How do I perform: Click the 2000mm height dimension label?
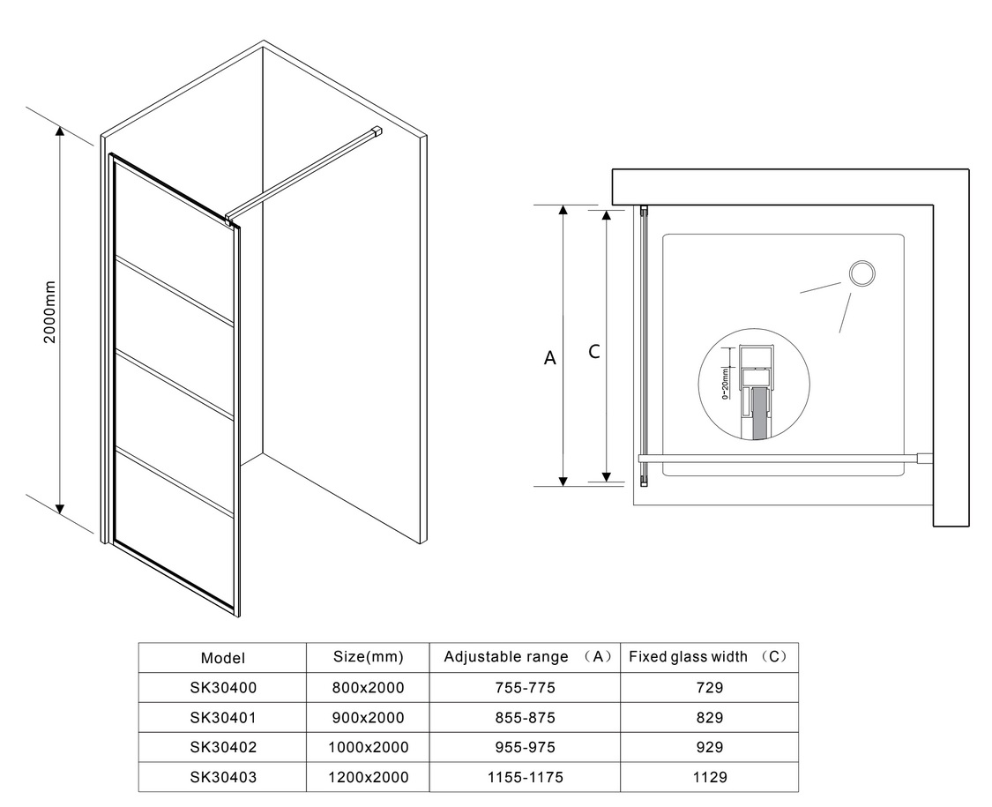(x=49, y=312)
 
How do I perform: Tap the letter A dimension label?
(x=549, y=358)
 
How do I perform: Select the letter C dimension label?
(x=593, y=351)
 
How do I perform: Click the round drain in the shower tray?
(x=861, y=274)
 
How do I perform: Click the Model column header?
(x=223, y=658)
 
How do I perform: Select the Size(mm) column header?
(x=369, y=656)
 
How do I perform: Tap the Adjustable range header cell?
(x=526, y=656)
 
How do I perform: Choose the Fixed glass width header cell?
(x=709, y=656)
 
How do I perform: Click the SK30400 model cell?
(x=223, y=687)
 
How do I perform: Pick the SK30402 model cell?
(x=223, y=747)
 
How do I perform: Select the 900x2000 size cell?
(x=369, y=717)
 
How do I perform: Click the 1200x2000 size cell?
(x=369, y=777)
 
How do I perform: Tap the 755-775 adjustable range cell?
(x=526, y=687)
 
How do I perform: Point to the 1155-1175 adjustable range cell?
(x=526, y=777)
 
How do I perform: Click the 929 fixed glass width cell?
(x=709, y=747)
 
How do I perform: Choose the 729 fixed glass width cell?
(x=709, y=687)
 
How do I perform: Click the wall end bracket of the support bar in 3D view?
(x=377, y=131)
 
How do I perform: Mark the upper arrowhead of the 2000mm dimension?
(x=60, y=131)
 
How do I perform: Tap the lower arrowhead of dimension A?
(x=563, y=481)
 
